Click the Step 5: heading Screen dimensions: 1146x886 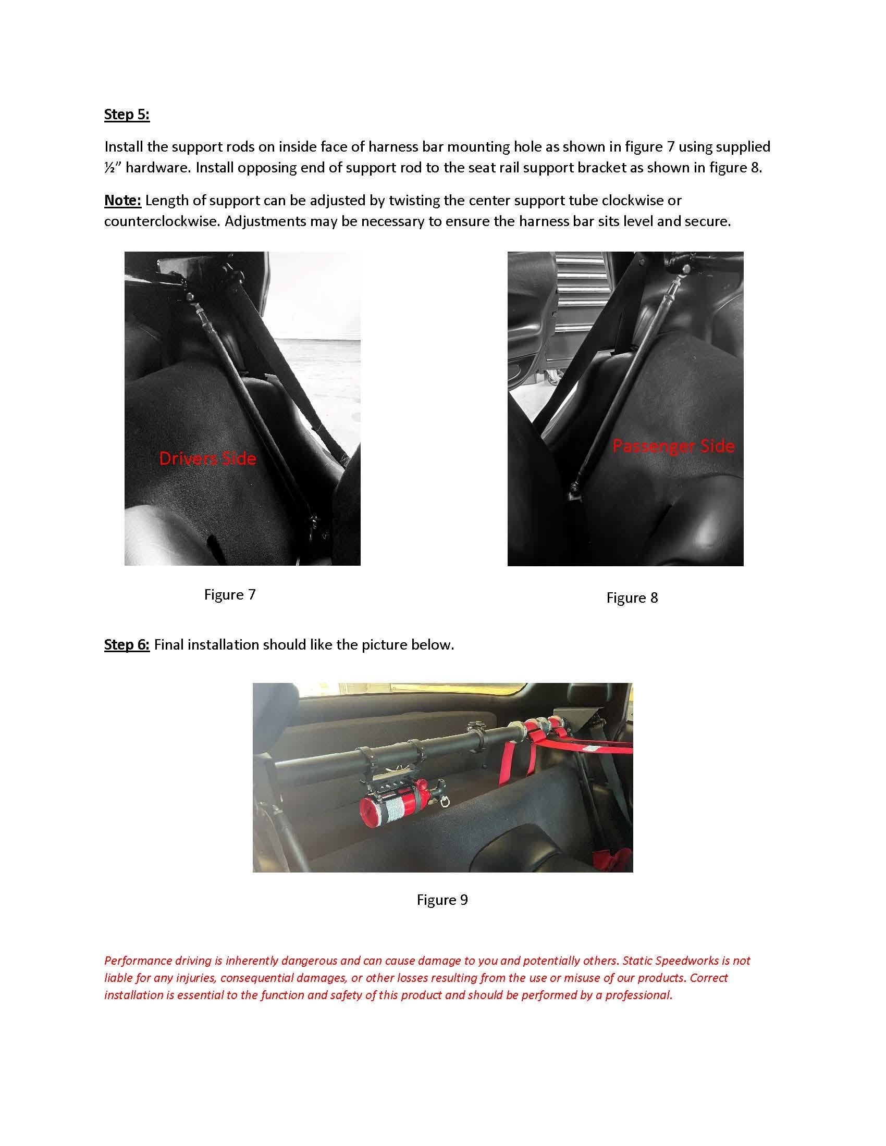point(127,115)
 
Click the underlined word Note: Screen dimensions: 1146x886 point(122,200)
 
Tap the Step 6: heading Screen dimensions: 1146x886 point(127,644)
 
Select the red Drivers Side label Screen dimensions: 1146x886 point(207,458)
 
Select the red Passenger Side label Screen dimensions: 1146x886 point(673,446)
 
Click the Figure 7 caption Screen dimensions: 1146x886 point(229,594)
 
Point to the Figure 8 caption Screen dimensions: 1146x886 point(632,597)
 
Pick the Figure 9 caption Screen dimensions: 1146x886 point(442,900)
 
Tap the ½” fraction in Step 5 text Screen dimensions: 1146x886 point(113,168)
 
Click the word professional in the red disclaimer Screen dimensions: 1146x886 point(638,995)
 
